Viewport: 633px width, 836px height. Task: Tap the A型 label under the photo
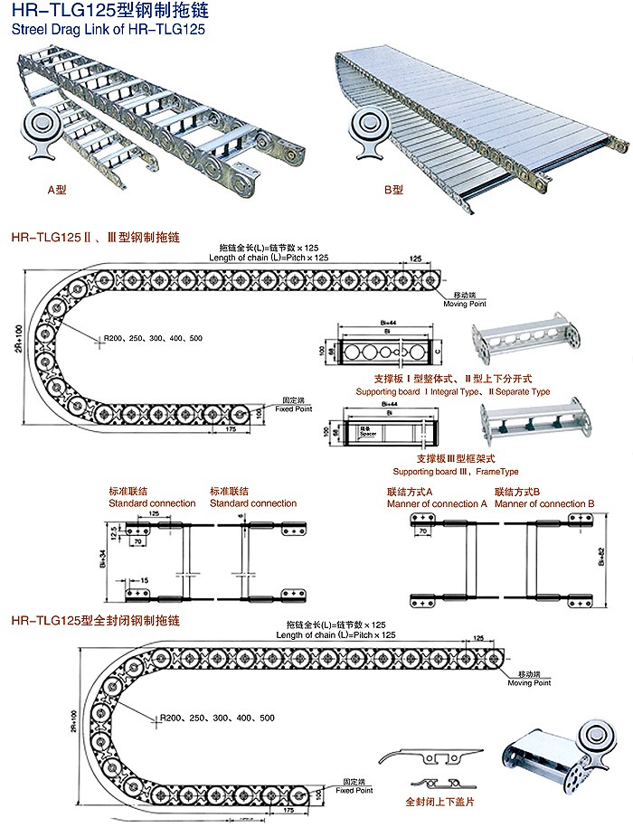59,191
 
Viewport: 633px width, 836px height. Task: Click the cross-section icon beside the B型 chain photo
372,129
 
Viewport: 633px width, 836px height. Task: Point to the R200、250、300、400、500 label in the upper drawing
152,338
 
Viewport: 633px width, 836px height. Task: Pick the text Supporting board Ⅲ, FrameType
456,472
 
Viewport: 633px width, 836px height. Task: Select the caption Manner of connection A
437,503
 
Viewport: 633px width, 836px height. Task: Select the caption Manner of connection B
544,503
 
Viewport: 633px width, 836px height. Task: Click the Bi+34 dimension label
101,560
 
